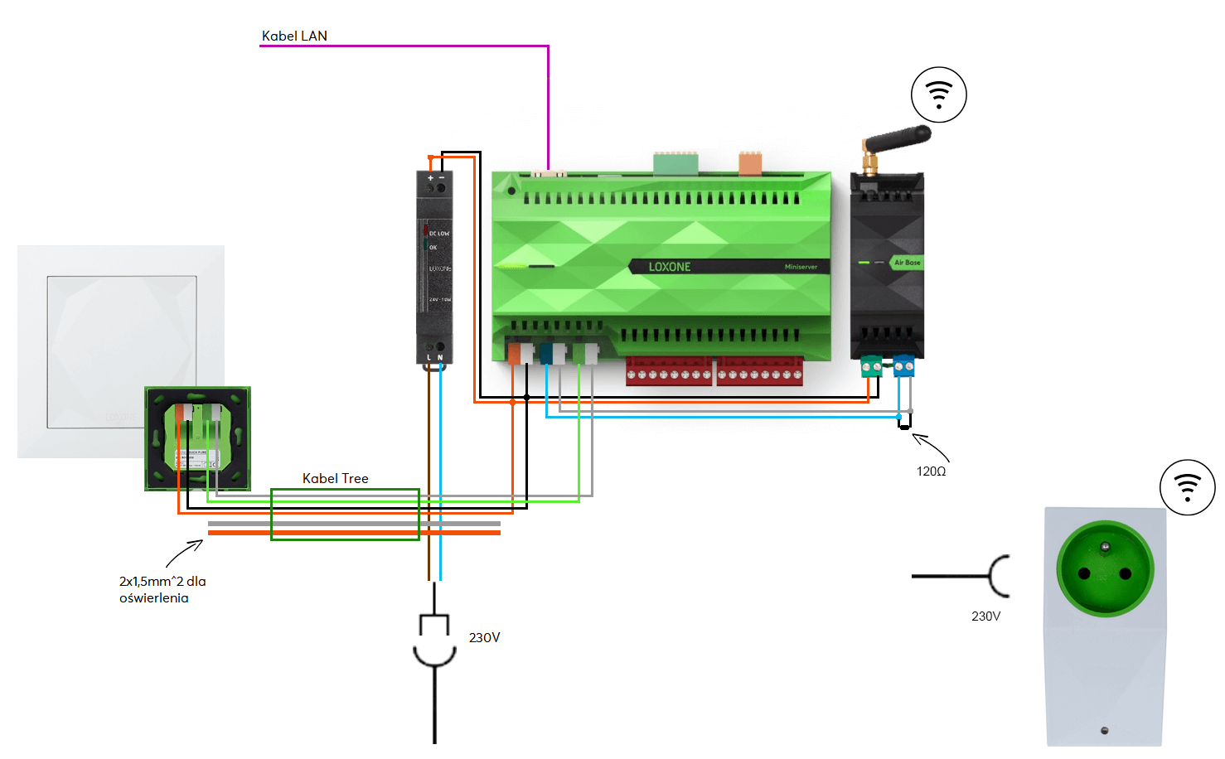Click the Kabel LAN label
[294, 36]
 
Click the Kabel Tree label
[335, 478]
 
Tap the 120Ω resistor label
[931, 471]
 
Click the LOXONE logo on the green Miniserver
[669, 267]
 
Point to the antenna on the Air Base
[897, 140]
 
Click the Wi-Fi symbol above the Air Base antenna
[938, 94]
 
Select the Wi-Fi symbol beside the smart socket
[1187, 487]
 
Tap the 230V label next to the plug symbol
[484, 637]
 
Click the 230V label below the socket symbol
[985, 616]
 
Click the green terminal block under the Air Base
[871, 365]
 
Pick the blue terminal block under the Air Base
[903, 365]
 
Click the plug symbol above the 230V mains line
[434, 639]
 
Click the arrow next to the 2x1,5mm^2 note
[185, 553]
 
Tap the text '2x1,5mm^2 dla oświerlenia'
[162, 589]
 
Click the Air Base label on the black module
[907, 263]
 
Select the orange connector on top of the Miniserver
[749, 164]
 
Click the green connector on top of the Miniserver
[675, 164]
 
